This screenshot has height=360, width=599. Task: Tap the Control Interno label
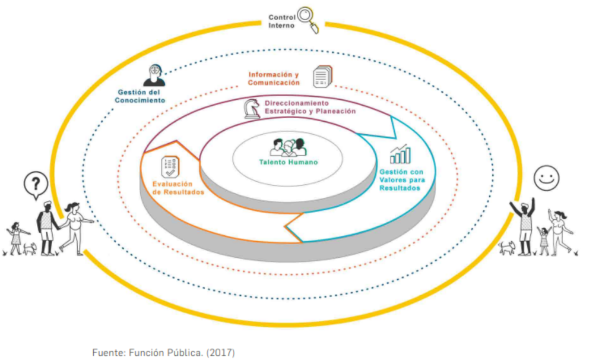coord(281,21)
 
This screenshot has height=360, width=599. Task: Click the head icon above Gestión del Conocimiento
coord(154,75)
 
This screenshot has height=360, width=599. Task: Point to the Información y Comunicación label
coord(274,78)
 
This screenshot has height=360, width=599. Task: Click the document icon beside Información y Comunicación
coord(322,77)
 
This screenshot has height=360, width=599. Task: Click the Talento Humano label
coord(288,162)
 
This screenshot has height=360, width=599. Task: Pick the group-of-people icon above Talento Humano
coord(288,147)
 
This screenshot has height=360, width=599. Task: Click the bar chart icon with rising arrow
coord(400,154)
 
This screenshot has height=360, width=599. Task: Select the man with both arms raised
coord(525,226)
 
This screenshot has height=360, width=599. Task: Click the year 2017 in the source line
coord(223,353)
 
